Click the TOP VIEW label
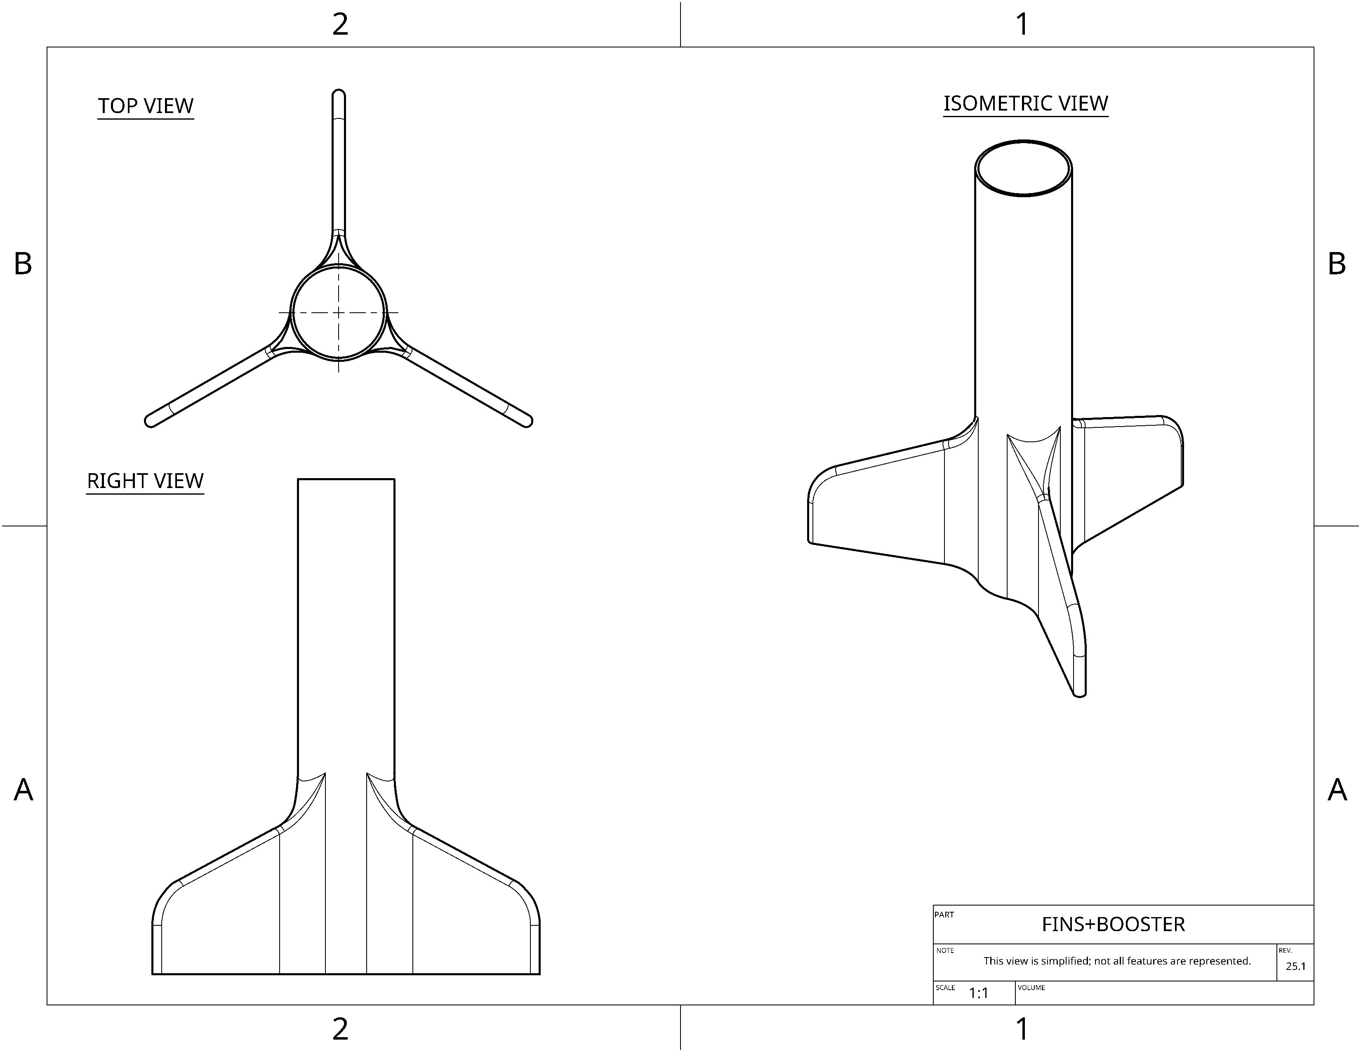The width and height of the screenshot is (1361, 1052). pos(146,106)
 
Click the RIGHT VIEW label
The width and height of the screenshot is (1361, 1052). pos(145,481)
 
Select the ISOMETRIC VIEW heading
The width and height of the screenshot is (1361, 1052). pos(1026,104)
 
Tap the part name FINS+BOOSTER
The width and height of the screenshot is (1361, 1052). pos(1113,924)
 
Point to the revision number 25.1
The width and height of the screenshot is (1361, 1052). pos(1295,967)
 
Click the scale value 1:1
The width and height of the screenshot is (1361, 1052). pos(978,993)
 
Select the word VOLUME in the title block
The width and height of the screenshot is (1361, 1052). pos(1031,988)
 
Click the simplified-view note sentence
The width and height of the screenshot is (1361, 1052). pos(1117,961)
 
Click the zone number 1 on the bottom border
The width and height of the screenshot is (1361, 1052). pos(1022,1029)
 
